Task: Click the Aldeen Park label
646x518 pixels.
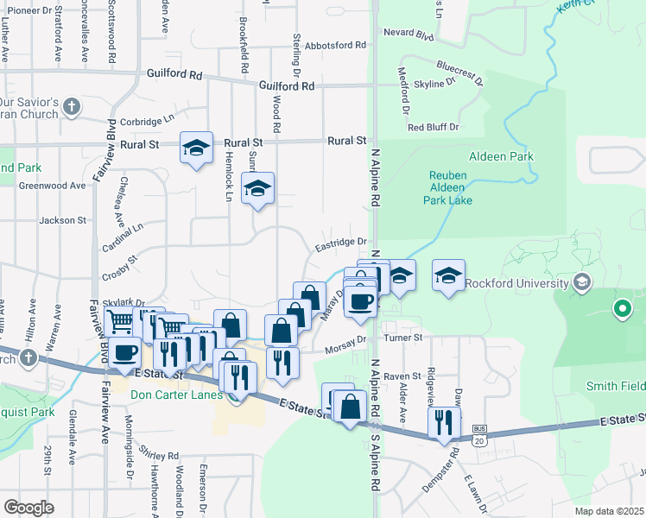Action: (501, 156)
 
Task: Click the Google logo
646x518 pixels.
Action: (28, 507)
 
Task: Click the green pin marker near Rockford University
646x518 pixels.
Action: (621, 308)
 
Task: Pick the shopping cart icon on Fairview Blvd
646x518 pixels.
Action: (119, 321)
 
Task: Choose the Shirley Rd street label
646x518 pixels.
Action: (161, 456)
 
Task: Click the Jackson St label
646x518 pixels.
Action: (63, 220)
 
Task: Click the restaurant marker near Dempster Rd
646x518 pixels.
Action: (445, 424)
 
